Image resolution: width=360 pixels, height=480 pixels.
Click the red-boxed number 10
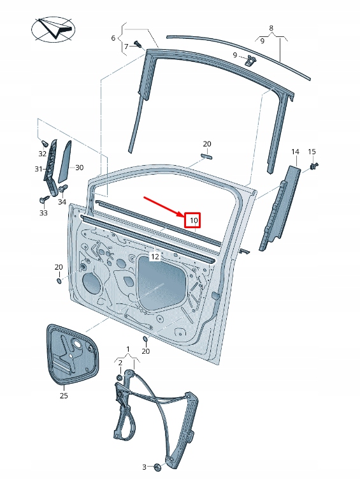click(193, 221)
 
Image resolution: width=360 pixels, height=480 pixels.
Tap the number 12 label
click(154, 256)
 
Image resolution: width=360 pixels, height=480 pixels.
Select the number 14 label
click(295, 152)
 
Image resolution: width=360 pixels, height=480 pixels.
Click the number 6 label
click(114, 38)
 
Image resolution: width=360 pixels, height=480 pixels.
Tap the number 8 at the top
click(271, 28)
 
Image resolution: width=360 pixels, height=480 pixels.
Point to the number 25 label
click(63, 396)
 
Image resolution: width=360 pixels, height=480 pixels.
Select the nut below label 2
click(119, 378)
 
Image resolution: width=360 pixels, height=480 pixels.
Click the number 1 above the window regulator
click(128, 349)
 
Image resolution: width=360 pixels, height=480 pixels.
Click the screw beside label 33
click(44, 200)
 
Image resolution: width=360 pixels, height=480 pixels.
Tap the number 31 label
click(38, 169)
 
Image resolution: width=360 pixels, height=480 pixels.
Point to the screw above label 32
click(44, 143)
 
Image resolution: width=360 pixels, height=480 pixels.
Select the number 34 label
click(62, 202)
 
